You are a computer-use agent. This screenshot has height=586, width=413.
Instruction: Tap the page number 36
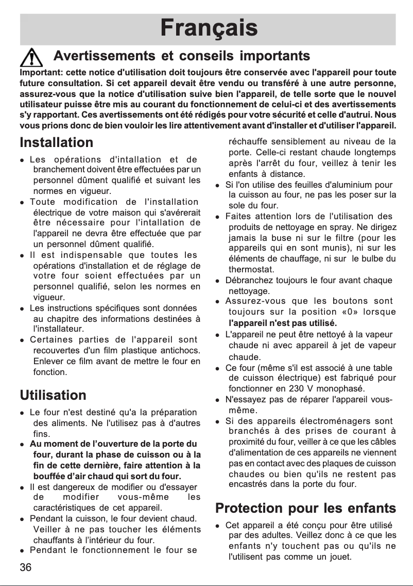pos(26,567)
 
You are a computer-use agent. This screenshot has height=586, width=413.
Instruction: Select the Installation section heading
pos(57,142)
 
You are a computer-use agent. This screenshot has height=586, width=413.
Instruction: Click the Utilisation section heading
pos(53,396)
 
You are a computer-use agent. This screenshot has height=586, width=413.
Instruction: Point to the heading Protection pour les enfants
pos(305,508)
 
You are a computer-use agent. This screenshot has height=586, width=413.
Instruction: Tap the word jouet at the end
pos(340,557)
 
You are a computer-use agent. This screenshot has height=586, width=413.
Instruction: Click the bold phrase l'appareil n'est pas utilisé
pos(282,323)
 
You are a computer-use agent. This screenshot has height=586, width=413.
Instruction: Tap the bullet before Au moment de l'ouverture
pos(22,444)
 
